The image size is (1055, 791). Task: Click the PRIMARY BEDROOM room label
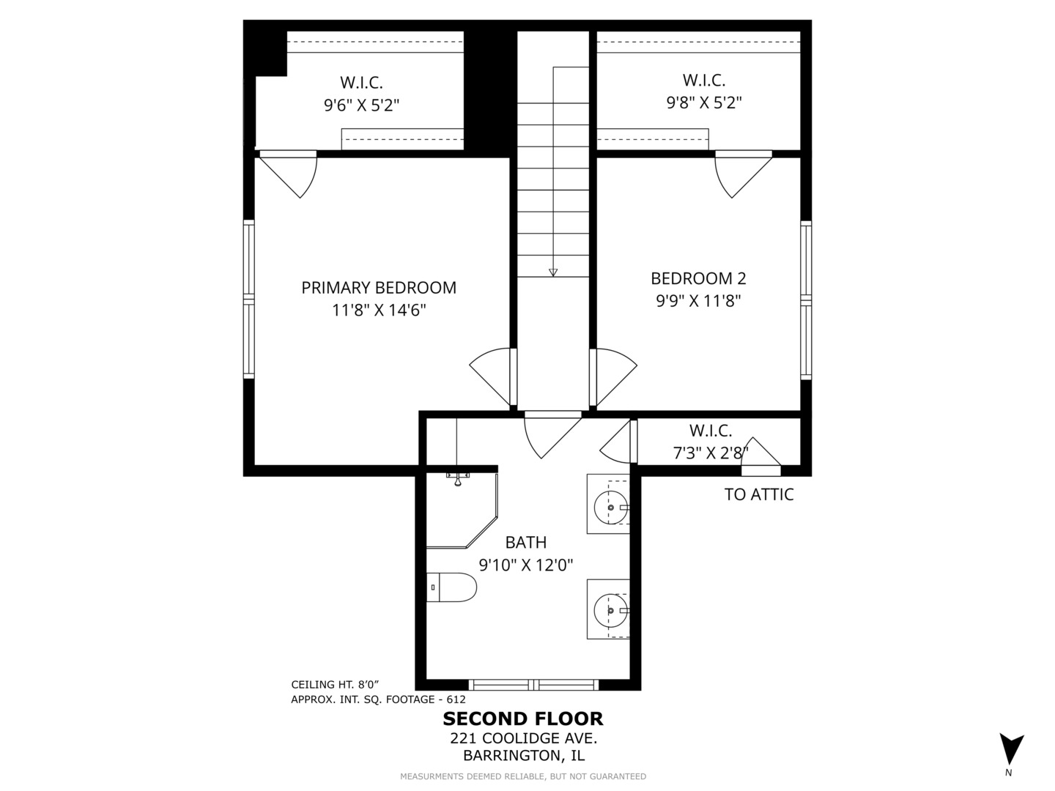point(379,288)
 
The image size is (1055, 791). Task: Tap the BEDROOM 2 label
point(698,278)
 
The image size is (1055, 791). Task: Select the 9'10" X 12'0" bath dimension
point(526,565)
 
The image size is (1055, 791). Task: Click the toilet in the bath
point(451,587)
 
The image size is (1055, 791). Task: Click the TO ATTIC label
point(759,494)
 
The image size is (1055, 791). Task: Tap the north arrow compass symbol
point(1012,749)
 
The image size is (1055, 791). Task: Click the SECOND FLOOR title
point(523,719)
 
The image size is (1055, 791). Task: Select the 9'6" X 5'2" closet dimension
point(361,105)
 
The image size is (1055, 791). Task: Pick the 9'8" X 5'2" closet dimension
point(704,103)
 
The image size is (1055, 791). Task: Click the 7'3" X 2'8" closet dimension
point(711,453)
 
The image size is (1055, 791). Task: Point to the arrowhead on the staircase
point(553,272)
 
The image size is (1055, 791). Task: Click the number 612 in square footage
point(456,699)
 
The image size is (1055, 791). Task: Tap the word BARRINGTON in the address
point(511,755)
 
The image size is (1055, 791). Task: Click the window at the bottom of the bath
point(533,684)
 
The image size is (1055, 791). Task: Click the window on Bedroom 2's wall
point(806,300)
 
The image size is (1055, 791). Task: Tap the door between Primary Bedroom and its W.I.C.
point(289,174)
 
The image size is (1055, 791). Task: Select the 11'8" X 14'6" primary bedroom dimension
point(379,311)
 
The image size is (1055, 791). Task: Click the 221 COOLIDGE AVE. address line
point(523,738)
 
